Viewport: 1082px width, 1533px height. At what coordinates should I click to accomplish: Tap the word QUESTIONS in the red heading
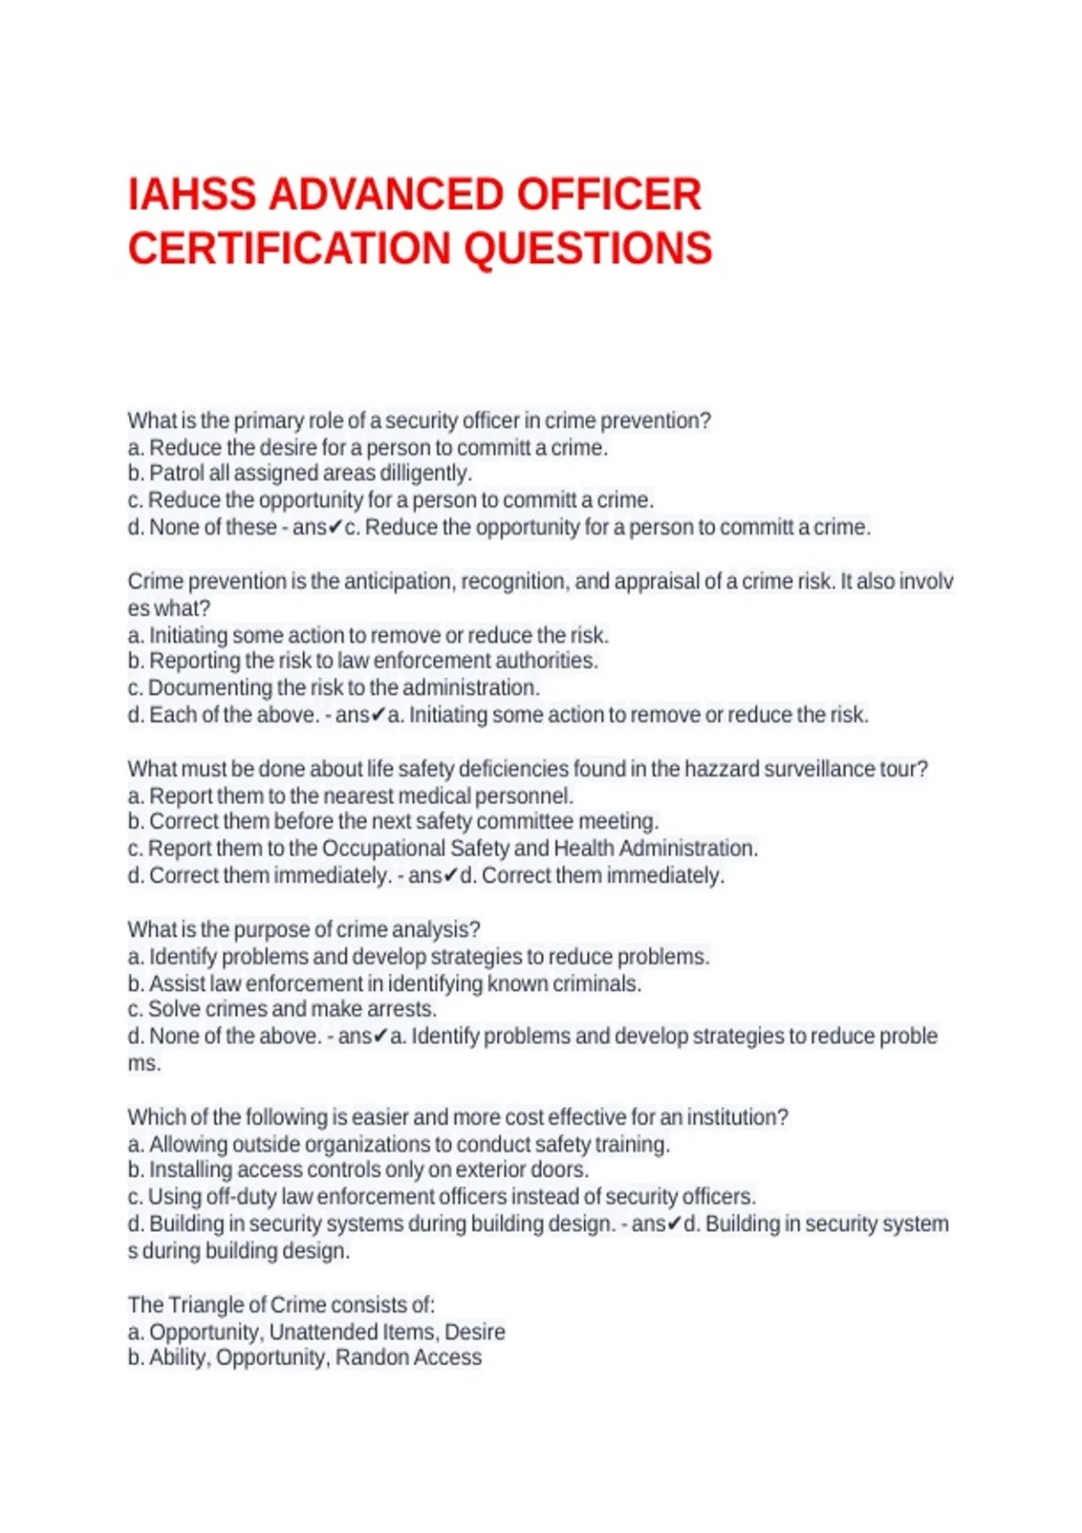pos(589,249)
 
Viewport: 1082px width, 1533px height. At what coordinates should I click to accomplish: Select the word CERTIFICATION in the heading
pos(289,249)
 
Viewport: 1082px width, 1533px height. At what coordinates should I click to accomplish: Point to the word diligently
pos(425,473)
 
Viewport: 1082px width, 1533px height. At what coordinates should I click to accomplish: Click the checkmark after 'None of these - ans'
pos(335,528)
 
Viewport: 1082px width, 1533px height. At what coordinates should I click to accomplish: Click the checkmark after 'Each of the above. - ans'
pos(379,715)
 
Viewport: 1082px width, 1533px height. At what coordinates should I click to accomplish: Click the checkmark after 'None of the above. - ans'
pos(381,1036)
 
